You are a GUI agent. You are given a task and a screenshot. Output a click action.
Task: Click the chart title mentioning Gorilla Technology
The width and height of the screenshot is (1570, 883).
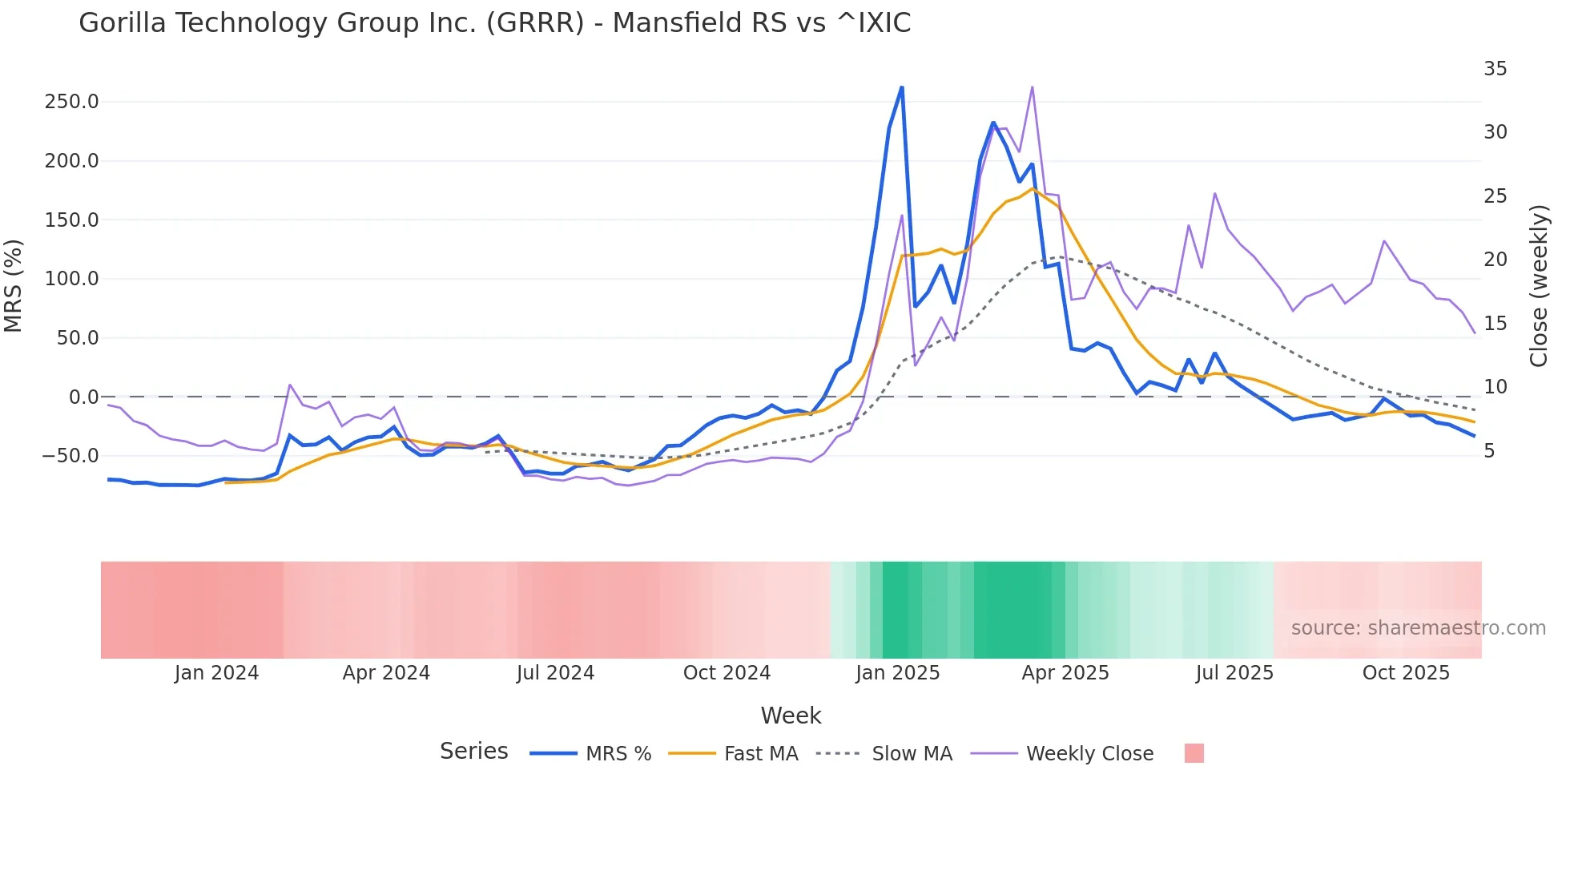(x=494, y=23)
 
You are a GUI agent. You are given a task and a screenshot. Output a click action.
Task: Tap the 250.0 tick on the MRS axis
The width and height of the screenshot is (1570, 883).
(x=71, y=102)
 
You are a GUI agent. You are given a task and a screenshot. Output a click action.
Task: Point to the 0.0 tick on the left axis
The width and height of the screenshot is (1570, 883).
(x=83, y=397)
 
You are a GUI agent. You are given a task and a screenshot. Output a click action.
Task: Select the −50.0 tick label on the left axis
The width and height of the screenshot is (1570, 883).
(x=70, y=456)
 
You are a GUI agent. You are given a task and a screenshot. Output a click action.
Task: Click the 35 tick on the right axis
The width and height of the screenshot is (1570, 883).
(x=1495, y=69)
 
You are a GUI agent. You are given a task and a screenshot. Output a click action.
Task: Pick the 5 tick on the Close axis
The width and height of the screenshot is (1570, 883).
(x=1489, y=451)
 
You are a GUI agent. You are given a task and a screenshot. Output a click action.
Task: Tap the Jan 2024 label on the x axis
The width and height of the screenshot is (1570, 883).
(x=216, y=673)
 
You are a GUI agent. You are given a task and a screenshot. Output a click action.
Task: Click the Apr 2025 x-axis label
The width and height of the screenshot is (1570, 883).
(x=1065, y=673)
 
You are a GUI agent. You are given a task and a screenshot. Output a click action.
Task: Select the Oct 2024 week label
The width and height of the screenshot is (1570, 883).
(x=727, y=673)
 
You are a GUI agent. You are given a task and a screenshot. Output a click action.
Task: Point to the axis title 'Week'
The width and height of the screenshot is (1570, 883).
(x=791, y=716)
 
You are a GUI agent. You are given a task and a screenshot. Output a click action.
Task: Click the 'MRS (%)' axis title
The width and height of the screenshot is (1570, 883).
(x=14, y=285)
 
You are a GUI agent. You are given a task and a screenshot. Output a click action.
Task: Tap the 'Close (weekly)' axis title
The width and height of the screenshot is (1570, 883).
(x=1539, y=285)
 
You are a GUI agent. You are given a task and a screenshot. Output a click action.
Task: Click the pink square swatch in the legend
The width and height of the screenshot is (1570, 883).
(x=1194, y=753)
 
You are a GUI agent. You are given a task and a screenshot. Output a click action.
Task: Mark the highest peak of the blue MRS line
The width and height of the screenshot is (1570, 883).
(x=902, y=87)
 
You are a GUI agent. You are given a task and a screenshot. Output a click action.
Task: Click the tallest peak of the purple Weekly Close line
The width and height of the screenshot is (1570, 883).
(x=1032, y=87)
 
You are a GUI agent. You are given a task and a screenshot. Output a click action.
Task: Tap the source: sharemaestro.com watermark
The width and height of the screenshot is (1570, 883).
(x=1418, y=628)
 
